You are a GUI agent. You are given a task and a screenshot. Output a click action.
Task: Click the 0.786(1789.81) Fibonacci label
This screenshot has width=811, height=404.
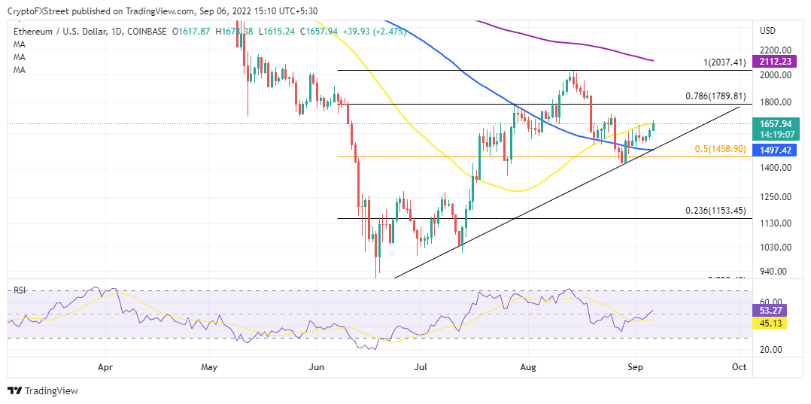pos(715,96)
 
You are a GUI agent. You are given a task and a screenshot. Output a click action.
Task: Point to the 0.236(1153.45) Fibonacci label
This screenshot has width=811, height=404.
pos(715,211)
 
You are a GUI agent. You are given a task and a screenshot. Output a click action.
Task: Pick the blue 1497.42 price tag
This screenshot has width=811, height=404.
pos(775,150)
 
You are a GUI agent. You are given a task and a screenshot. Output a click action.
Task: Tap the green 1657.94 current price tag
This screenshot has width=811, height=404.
pos(775,123)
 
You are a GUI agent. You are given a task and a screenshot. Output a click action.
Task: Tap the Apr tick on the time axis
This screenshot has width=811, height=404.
pos(105,367)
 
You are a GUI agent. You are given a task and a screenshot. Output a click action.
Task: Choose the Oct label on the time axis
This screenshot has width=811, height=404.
pos(739,367)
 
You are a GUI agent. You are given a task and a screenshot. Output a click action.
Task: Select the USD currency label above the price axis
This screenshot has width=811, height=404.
pos(768,31)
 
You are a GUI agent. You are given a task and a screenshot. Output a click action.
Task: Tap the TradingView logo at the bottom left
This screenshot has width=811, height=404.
pos(43,390)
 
